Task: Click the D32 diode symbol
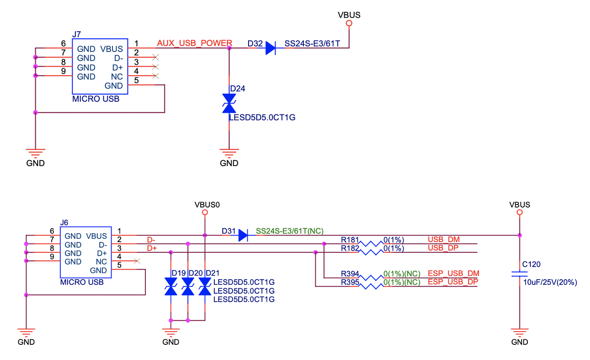(270, 48)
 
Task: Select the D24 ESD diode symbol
(229, 104)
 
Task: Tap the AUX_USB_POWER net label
(194, 43)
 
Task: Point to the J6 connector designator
(64, 222)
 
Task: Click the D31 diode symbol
(243, 235)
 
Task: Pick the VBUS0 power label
(205, 205)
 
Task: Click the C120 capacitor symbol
(519, 274)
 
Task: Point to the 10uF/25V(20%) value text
(550, 283)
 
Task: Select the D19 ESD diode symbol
(171, 287)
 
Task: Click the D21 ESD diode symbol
(205, 287)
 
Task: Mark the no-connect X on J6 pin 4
(137, 261)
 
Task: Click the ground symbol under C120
(519, 331)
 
